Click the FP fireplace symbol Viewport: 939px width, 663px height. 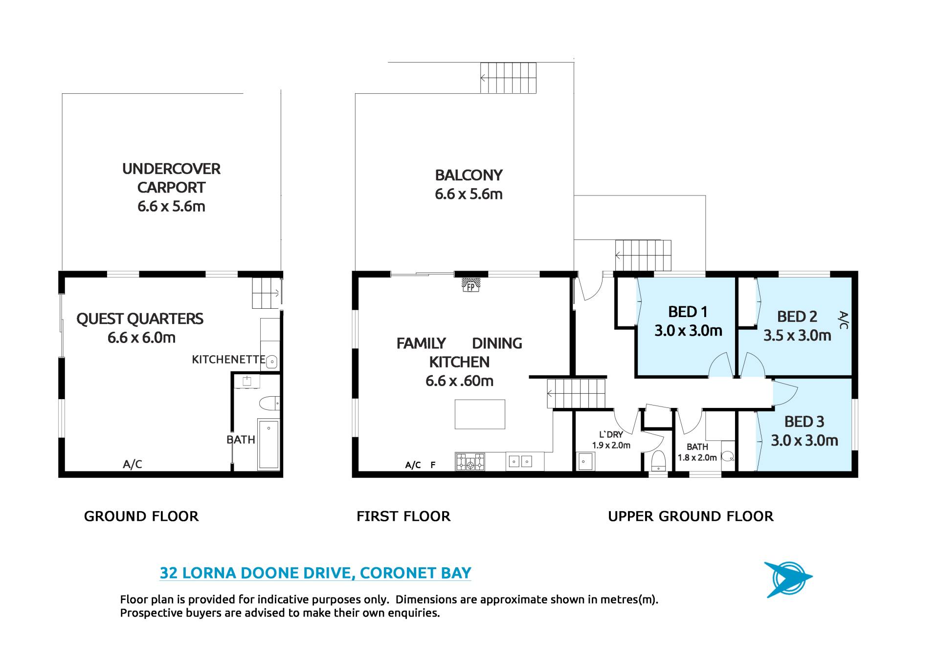470,285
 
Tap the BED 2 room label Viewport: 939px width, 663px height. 797,317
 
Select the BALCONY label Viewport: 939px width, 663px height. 469,175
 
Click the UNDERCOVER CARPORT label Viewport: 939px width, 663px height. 171,178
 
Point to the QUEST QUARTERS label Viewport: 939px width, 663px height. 140,319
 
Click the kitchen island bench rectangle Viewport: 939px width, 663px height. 480,414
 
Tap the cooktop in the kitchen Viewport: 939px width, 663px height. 470,461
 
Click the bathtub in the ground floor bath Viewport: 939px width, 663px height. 268,444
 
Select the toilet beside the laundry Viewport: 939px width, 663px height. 659,461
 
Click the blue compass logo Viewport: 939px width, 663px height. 788,579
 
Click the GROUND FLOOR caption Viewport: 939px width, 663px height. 141,516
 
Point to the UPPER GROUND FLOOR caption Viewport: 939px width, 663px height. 691,516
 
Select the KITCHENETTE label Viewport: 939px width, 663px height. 228,360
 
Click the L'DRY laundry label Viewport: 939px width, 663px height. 611,434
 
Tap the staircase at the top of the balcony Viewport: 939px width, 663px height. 508,78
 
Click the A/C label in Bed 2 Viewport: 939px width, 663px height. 843,320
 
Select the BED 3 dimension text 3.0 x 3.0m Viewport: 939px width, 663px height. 805,441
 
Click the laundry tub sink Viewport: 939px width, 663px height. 585,461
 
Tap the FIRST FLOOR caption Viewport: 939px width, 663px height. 403,516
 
